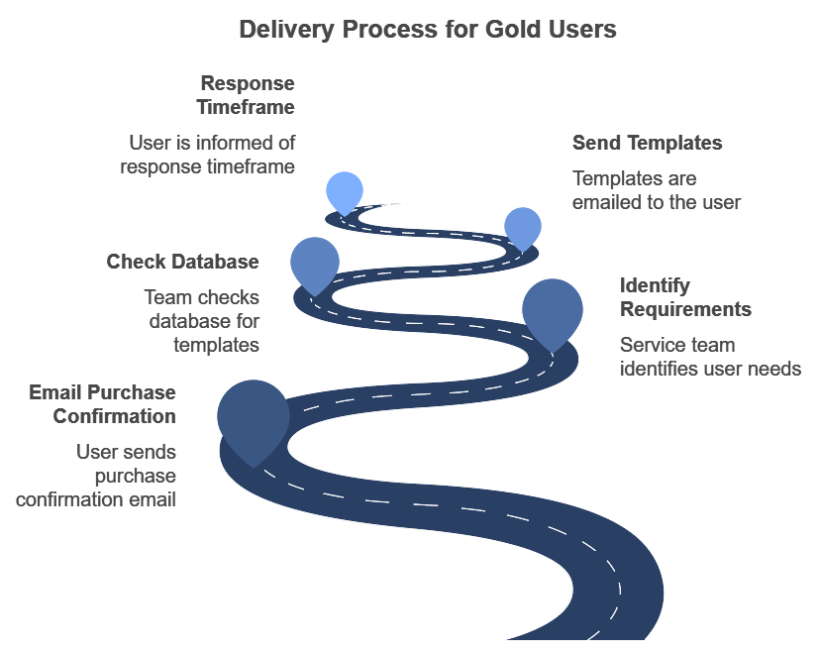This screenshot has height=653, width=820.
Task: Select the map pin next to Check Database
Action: click(314, 263)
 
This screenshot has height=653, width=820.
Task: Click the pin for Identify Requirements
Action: click(552, 309)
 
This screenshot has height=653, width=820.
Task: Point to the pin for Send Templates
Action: click(522, 227)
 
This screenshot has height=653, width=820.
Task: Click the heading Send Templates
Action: click(647, 143)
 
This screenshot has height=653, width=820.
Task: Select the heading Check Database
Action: click(182, 262)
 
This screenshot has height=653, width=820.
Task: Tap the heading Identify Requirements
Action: click(685, 297)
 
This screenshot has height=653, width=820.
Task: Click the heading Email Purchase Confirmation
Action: click(102, 404)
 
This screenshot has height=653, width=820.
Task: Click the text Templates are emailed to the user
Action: click(657, 190)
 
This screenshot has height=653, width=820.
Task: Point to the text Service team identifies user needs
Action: click(709, 357)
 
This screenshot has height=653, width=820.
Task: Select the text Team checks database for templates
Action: click(201, 321)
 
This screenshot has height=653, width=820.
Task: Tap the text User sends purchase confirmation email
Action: click(96, 476)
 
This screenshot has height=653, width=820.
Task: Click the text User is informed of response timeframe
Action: click(208, 155)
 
